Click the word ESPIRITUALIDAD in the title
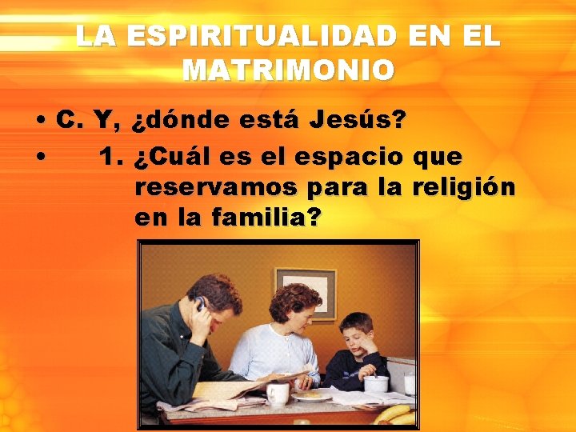pyautogui.click(x=255, y=36)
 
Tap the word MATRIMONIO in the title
pyautogui.click(x=288, y=70)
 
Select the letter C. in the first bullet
pyautogui.click(x=70, y=122)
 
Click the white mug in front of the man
pyautogui.click(x=278, y=394)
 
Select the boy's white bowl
pyautogui.click(x=376, y=383)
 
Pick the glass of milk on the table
pyautogui.click(x=409, y=383)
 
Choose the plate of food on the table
pyautogui.click(x=311, y=395)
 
